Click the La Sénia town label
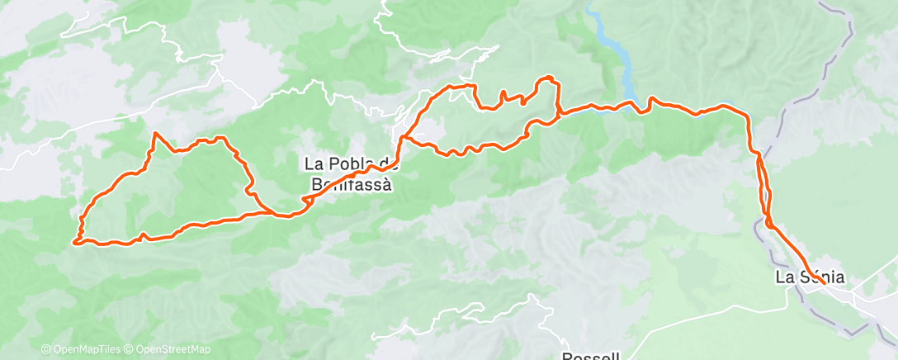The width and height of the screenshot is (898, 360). pyautogui.click(x=810, y=277)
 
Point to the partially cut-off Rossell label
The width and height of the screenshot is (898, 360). pyautogui.click(x=589, y=356)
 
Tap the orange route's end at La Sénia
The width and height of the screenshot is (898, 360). pyautogui.click(x=824, y=284)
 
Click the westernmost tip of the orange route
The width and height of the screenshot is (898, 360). pyautogui.click(x=75, y=242)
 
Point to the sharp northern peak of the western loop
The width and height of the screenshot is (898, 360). pyautogui.click(x=155, y=133)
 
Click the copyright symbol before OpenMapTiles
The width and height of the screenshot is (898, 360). pyautogui.click(x=45, y=349)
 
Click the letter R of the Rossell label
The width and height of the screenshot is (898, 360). pyautogui.click(x=567, y=356)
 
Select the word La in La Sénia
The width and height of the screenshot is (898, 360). pyautogui.click(x=783, y=277)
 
